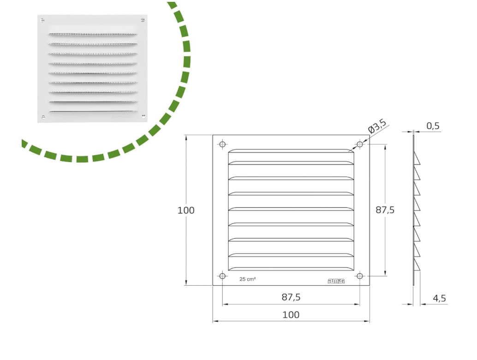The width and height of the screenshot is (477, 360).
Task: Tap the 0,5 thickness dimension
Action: (432, 126)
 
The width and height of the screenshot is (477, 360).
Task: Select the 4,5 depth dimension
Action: (439, 298)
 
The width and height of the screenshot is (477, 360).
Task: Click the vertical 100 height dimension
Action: (186, 210)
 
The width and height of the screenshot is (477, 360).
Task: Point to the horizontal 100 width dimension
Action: (291, 315)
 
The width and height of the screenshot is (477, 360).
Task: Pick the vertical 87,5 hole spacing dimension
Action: (385, 210)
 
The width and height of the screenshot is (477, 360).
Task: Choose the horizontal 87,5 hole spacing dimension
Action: (291, 298)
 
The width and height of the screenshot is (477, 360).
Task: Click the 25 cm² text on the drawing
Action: (248, 279)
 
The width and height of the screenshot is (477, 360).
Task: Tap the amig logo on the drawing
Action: (336, 281)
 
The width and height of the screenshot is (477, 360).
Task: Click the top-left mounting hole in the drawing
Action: (222, 144)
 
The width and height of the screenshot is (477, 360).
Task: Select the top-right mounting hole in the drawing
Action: (360, 144)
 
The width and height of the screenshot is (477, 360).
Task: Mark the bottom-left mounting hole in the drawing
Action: (222, 276)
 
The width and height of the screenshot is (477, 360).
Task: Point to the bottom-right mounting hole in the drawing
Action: (360, 276)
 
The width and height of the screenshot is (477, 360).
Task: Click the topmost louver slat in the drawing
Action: (291, 151)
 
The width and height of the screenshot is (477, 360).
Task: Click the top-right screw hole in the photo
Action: (143, 20)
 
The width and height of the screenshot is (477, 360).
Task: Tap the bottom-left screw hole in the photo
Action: (43, 116)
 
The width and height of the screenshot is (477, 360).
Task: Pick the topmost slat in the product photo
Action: (93, 34)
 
